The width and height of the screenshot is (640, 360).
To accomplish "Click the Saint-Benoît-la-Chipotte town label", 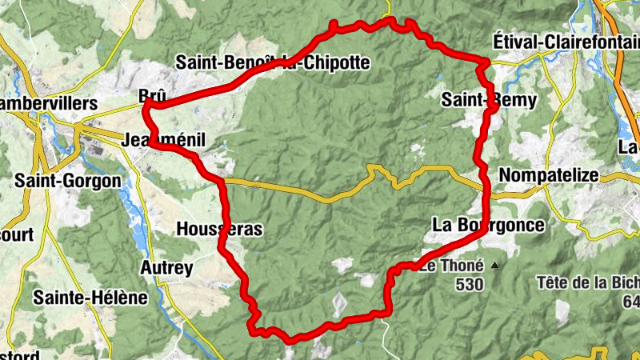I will click(272, 62).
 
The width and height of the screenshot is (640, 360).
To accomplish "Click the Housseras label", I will click(218, 230).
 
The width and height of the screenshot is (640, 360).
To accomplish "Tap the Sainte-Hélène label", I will click(90, 298).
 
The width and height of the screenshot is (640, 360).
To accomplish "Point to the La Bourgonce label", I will click(488, 225).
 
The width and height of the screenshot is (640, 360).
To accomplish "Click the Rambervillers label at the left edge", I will click(48, 104).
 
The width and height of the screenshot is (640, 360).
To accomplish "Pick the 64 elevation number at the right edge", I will click(631, 302).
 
